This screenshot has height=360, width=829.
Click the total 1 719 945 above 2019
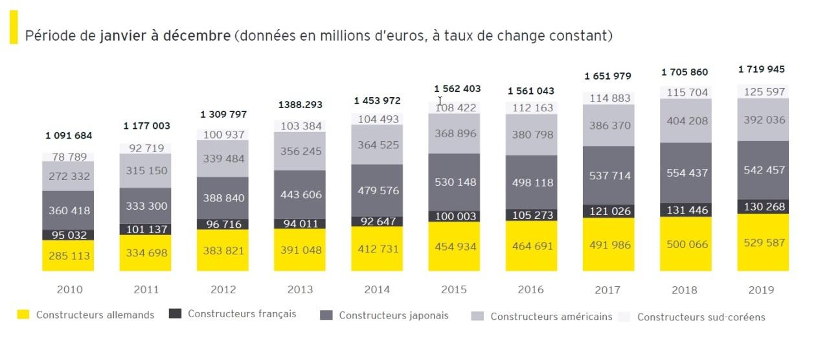click(762, 69)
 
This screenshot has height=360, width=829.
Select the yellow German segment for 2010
click(68, 256)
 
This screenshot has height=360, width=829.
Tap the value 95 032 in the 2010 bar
click(68, 235)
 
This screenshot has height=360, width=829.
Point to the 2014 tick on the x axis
click(377, 290)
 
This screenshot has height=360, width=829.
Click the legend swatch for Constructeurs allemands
click(23, 315)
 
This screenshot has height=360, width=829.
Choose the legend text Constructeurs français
click(242, 314)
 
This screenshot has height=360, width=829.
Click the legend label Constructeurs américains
click(551, 317)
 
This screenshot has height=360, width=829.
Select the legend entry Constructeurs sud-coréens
click(701, 317)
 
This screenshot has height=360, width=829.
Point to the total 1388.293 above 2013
click(300, 104)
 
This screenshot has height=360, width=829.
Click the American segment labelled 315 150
click(145, 171)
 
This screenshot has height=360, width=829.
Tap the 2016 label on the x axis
click(531, 290)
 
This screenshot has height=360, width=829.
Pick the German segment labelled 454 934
click(454, 246)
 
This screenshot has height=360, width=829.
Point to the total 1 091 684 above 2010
click(69, 136)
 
